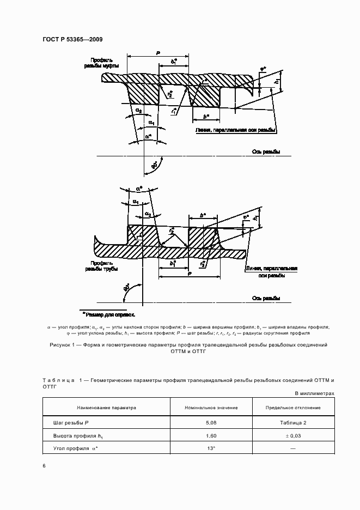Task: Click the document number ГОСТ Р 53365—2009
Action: coord(72,39)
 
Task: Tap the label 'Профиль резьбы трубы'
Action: coord(101,266)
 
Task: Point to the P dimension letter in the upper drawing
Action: coord(157,52)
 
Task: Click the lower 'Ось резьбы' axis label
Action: coord(266,299)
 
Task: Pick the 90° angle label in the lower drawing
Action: coord(127,289)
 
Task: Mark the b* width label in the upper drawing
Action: coord(205,116)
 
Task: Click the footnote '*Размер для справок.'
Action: coord(108,314)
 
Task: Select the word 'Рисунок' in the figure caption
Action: coord(61,345)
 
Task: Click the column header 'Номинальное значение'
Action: coord(211,407)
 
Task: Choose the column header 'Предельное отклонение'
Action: coord(293,407)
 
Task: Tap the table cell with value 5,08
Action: coord(211,422)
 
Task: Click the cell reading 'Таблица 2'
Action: coord(293,422)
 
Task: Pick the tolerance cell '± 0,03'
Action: coord(293,435)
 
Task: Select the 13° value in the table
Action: coord(211,448)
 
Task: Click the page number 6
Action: coord(44,466)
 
